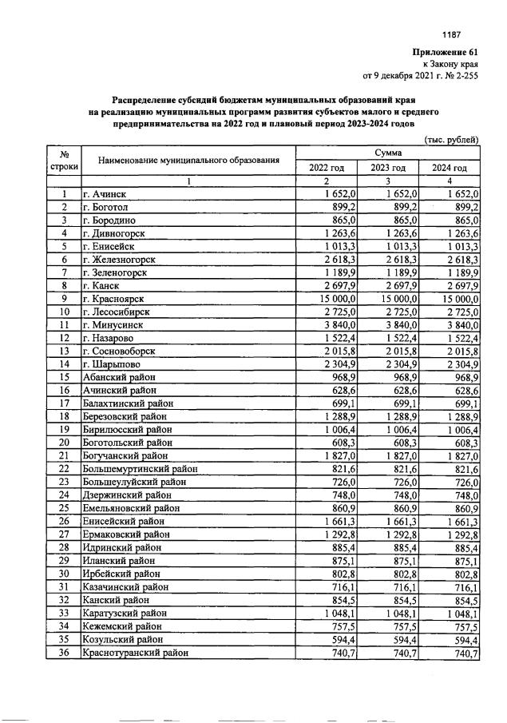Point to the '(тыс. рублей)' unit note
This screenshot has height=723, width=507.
tap(453, 139)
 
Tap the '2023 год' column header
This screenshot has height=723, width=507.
tap(388, 168)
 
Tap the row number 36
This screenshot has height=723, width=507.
tap(63, 653)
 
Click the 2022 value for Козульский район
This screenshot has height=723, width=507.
tap(336, 640)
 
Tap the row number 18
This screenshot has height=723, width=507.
tap(63, 416)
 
